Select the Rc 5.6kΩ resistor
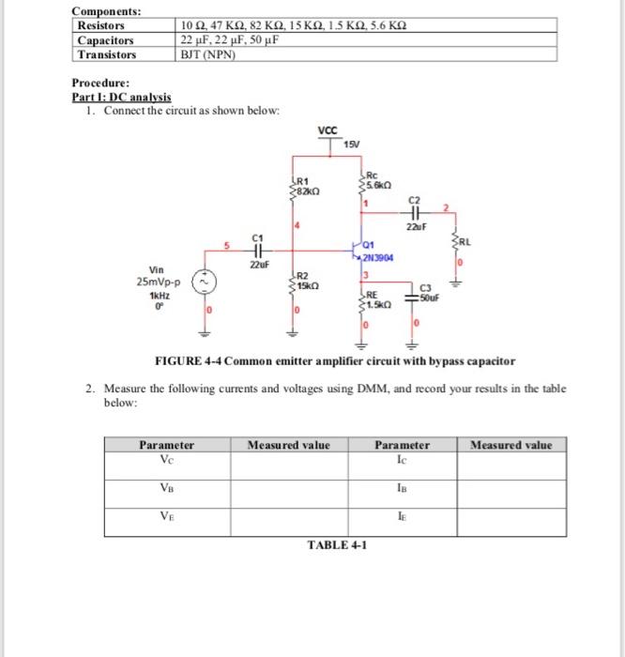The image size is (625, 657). pyautogui.click(x=359, y=186)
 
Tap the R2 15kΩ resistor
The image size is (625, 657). pyautogui.click(x=293, y=280)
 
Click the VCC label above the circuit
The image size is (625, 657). pyautogui.click(x=328, y=131)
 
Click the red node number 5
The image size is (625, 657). pyautogui.click(x=225, y=249)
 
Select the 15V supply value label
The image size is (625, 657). pyautogui.click(x=351, y=143)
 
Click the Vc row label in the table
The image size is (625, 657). pyautogui.click(x=166, y=459)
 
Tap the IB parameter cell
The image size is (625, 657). pyautogui.click(x=403, y=486)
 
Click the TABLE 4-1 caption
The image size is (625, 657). pyautogui.click(x=336, y=545)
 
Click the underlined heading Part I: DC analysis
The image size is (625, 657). pyautogui.click(x=122, y=98)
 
